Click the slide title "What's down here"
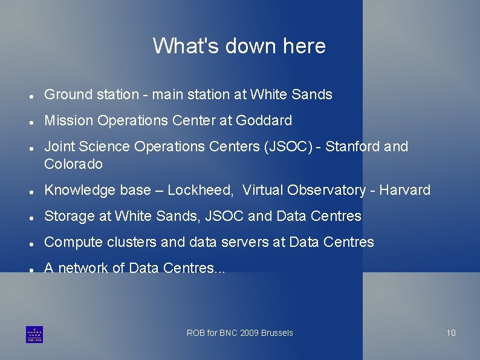click(x=239, y=46)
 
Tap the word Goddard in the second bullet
click(x=264, y=121)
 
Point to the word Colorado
click(x=73, y=165)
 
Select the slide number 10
click(x=451, y=333)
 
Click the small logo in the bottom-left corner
click(x=34, y=334)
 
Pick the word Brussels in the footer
click(x=277, y=333)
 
